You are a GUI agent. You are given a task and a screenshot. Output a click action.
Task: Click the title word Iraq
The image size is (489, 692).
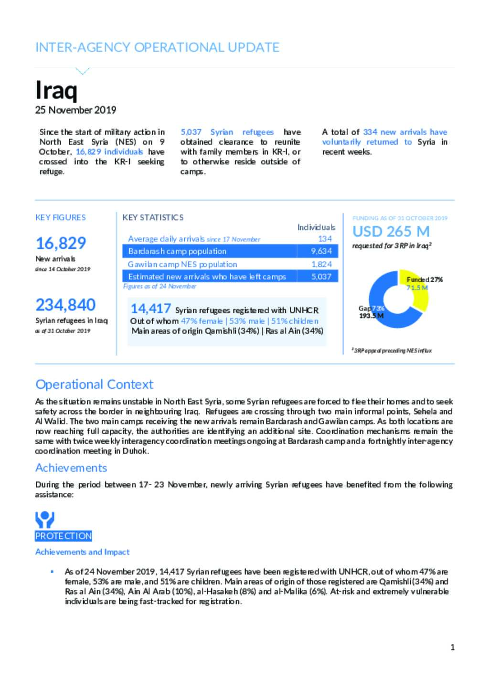(56, 90)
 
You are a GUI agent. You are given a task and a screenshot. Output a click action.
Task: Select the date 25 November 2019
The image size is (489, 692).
(75, 110)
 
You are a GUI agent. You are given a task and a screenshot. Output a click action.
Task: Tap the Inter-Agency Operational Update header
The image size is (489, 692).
(157, 47)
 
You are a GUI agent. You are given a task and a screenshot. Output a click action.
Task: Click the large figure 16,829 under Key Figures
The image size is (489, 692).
(61, 243)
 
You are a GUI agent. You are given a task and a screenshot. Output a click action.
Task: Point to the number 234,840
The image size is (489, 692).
(65, 305)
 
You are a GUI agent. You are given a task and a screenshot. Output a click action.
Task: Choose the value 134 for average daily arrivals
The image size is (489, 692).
(325, 239)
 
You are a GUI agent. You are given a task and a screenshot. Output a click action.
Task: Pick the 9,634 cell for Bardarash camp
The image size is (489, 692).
(321, 251)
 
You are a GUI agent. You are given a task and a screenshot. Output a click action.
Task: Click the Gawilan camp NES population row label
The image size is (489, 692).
(182, 264)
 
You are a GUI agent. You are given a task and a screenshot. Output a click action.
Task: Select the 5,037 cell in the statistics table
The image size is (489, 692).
(321, 277)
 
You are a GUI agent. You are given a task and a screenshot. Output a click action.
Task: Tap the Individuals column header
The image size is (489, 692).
(316, 227)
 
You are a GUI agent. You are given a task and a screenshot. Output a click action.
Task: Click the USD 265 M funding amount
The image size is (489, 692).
(391, 232)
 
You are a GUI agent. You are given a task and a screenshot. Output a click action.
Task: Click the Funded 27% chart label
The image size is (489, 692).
(425, 279)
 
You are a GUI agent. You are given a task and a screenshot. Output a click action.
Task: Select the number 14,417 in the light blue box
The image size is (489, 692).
(150, 309)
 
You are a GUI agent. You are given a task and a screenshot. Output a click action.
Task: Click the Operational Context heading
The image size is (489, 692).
(94, 384)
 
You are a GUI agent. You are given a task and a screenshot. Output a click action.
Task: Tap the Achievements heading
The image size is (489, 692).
(71, 468)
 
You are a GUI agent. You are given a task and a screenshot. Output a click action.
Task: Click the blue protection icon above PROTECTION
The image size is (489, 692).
(44, 519)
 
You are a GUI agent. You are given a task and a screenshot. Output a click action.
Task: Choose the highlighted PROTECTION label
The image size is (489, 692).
(64, 536)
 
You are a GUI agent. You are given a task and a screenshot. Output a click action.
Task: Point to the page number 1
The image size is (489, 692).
(452, 648)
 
